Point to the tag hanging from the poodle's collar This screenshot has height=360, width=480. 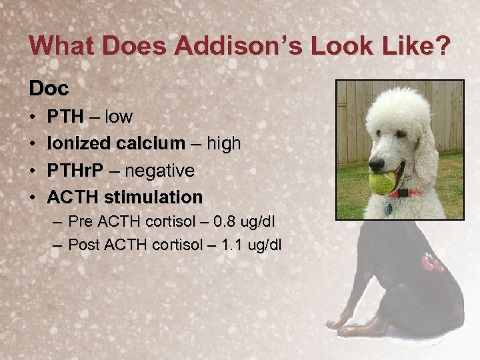coord(389,207)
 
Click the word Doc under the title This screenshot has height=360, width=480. coord(49,89)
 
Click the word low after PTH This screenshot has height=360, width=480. coord(118,117)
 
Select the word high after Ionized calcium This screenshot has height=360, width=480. coord(224,143)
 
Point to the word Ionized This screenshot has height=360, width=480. coord(75,143)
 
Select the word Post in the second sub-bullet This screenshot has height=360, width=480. coord(84,245)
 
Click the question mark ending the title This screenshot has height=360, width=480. coord(441,46)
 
